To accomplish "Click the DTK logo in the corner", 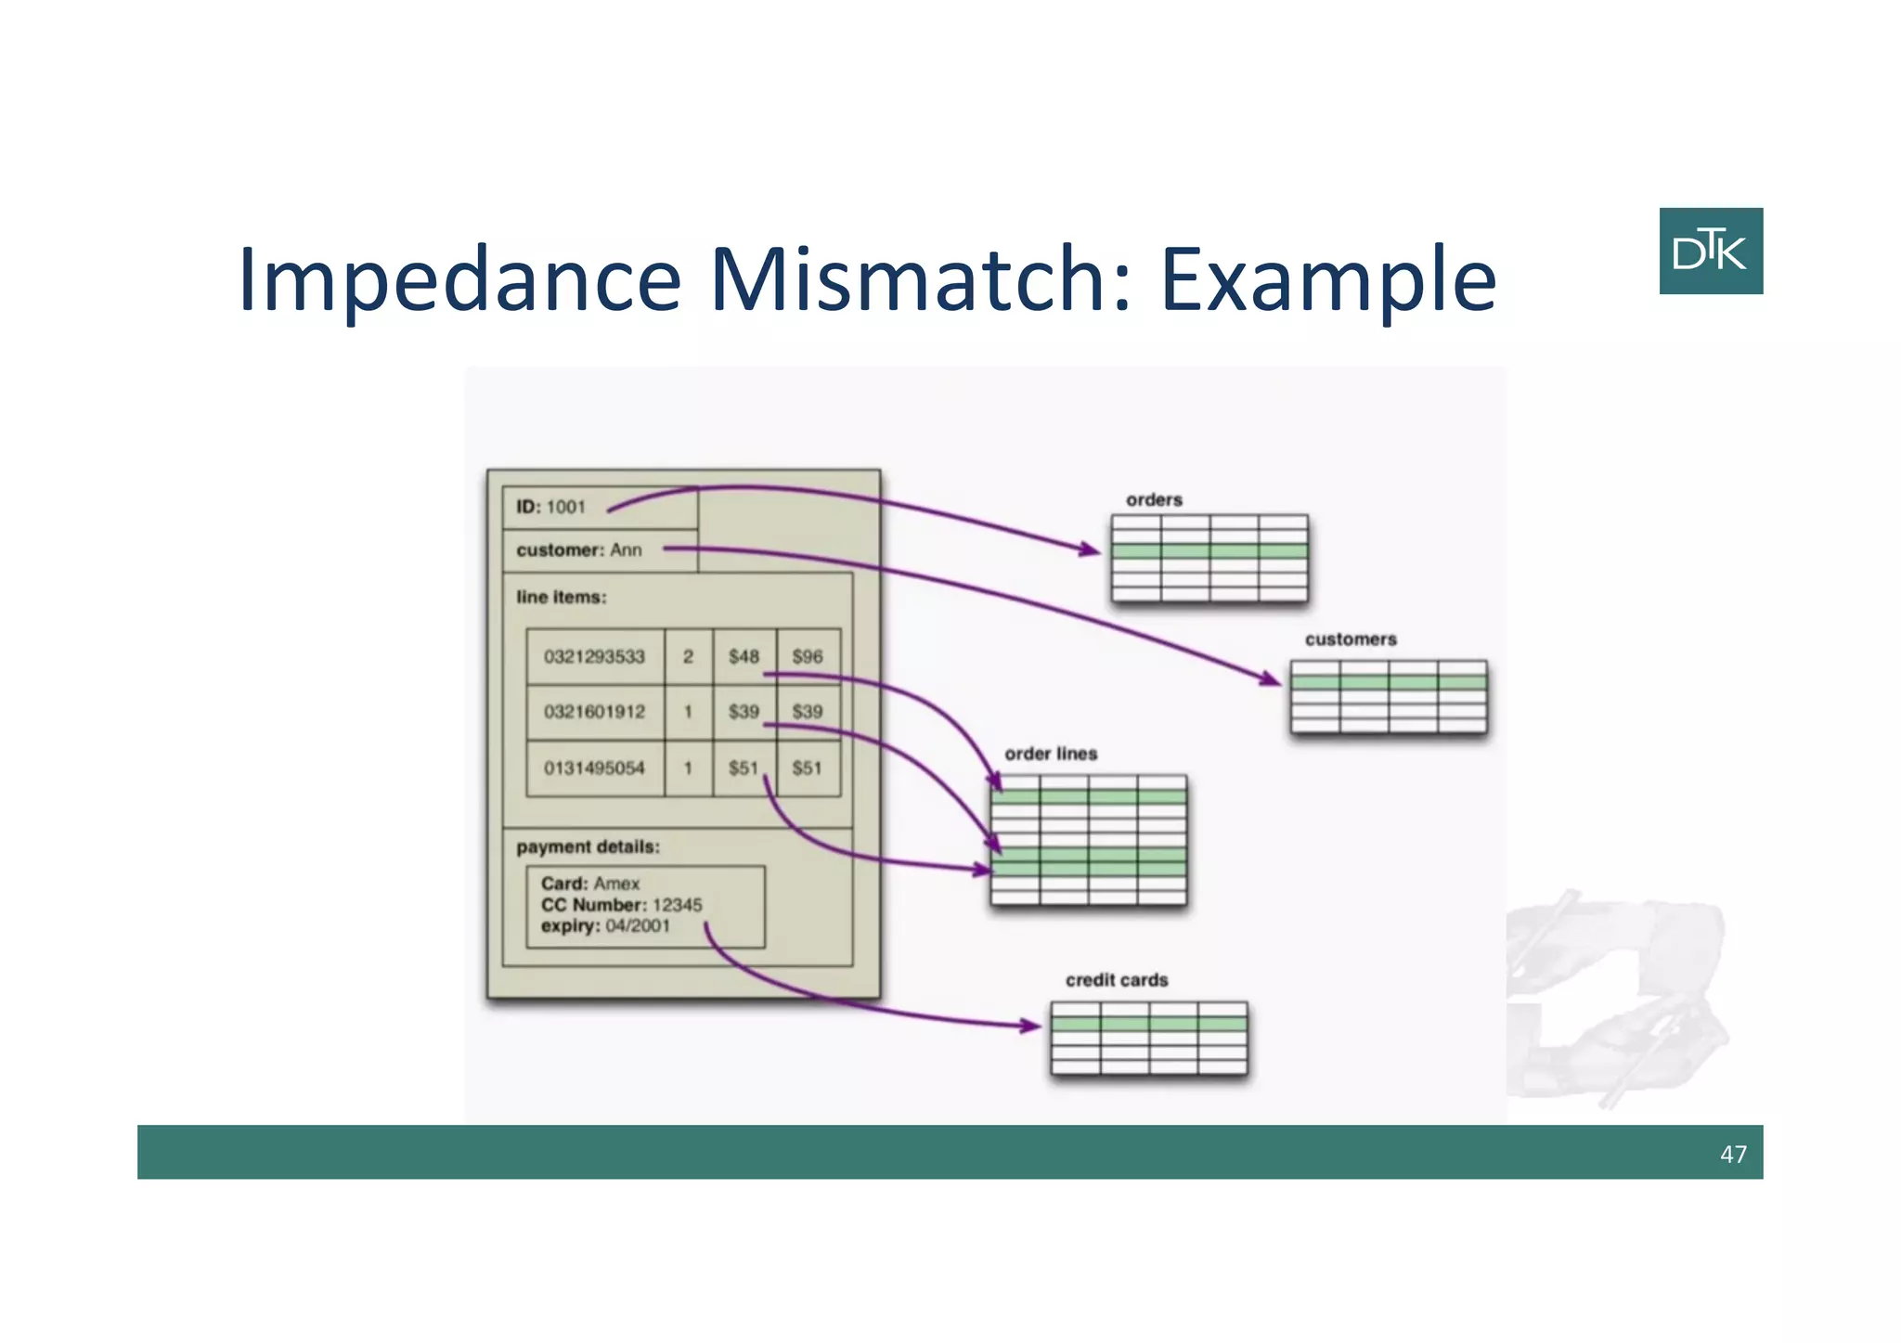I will tap(1710, 251).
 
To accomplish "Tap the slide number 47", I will tap(1732, 1154).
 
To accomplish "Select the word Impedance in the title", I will tap(459, 280).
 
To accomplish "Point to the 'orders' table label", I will tap(1154, 499).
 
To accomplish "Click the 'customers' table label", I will tap(1350, 639).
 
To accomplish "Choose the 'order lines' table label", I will tap(1051, 754).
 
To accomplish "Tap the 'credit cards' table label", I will tap(1116, 980).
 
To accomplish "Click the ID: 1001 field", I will tap(551, 507).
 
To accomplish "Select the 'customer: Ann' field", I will tap(579, 550).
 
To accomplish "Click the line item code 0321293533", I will tap(594, 657).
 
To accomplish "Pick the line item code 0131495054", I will tap(594, 768).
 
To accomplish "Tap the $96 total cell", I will tap(807, 657).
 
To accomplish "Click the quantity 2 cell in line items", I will tap(688, 657).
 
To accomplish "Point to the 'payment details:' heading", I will tap(588, 846).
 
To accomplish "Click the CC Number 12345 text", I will tap(621, 905).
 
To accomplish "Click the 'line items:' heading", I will tap(562, 597).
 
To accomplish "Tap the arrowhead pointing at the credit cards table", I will tap(1032, 1026).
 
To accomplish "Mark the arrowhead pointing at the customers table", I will tap(1272, 680).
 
